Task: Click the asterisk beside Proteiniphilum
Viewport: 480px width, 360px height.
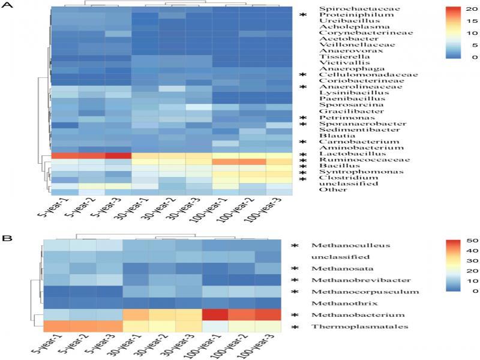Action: click(x=304, y=15)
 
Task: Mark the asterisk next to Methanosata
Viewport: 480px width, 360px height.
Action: click(x=295, y=268)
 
